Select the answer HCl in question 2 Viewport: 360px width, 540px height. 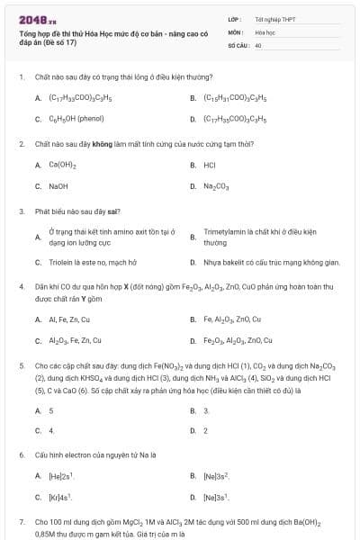pos(210,165)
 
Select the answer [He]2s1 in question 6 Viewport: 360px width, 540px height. pos(61,475)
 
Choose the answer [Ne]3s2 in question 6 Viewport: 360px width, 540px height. pos(217,475)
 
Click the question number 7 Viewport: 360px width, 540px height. pos(21,521)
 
